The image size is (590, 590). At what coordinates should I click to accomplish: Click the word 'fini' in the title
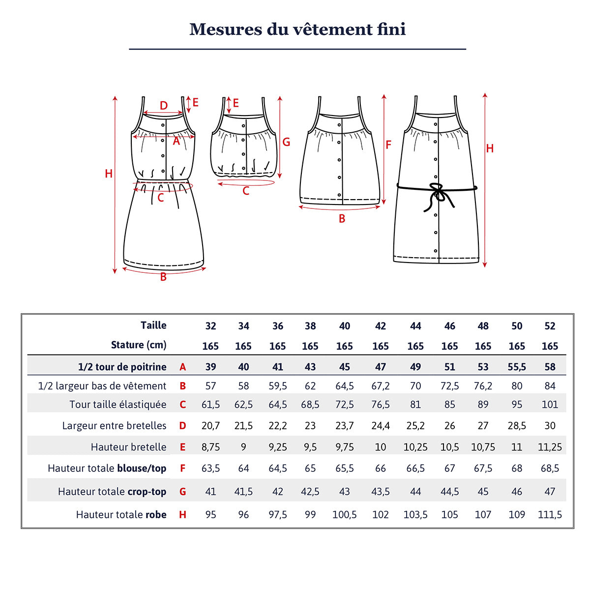click(x=391, y=29)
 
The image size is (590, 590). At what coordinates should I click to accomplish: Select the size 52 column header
click(x=550, y=326)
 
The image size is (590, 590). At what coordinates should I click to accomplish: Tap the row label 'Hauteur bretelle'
click(x=128, y=447)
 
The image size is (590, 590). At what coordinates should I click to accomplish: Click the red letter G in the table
click(x=182, y=492)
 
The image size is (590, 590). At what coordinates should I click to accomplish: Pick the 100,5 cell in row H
click(x=344, y=515)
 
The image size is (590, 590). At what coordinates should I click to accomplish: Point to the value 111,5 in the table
click(x=550, y=515)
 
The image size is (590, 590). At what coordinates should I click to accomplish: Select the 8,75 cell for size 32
click(x=210, y=447)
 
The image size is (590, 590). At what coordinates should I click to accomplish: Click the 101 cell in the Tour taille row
click(x=550, y=405)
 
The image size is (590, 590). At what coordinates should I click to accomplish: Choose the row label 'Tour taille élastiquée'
click(x=118, y=405)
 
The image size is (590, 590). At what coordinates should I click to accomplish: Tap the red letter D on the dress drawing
click(x=164, y=106)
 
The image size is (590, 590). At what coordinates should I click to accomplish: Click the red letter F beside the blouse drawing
click(x=388, y=145)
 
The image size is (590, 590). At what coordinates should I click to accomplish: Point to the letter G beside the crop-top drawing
click(x=286, y=142)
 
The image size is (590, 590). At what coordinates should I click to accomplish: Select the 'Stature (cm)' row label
click(x=139, y=345)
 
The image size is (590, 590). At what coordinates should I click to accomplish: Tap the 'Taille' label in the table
click(x=153, y=325)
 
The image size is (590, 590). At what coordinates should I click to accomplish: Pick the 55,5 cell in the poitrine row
click(x=517, y=367)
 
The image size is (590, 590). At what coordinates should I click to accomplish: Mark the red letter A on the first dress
click(x=176, y=142)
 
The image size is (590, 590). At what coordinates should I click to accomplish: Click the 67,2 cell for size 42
click(x=380, y=386)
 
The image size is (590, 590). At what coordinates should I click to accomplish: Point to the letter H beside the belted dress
click(x=490, y=148)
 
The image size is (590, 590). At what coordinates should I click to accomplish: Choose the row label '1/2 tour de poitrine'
click(x=122, y=367)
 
